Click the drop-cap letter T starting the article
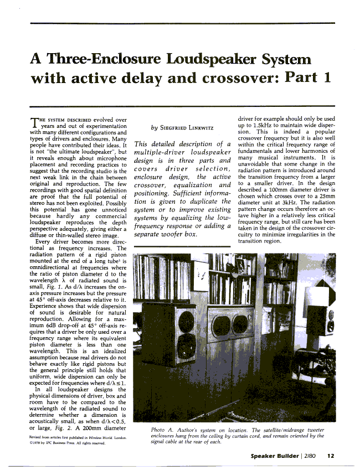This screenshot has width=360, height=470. tap(33, 122)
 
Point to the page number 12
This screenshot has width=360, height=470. tap(331, 456)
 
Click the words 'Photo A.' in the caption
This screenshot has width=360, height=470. tap(162, 430)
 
